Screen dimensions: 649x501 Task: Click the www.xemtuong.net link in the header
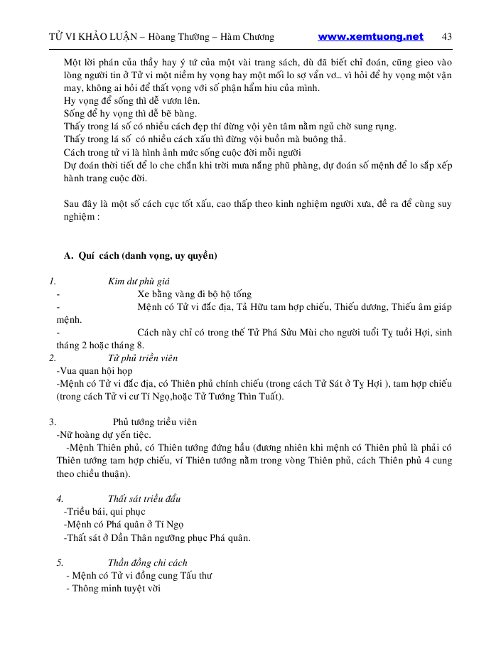(x=370, y=37)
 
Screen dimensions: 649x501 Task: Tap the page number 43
(x=447, y=37)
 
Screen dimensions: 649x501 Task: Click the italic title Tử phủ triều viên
(x=143, y=358)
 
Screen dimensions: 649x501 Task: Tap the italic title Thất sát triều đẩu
(x=144, y=499)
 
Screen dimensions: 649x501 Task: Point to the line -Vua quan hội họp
(x=94, y=371)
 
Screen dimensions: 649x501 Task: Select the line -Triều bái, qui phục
(x=104, y=512)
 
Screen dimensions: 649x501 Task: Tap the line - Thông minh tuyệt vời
(x=113, y=589)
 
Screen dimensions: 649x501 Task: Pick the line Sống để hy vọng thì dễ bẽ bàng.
(x=131, y=114)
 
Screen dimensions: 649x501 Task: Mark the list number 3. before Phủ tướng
(x=53, y=422)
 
